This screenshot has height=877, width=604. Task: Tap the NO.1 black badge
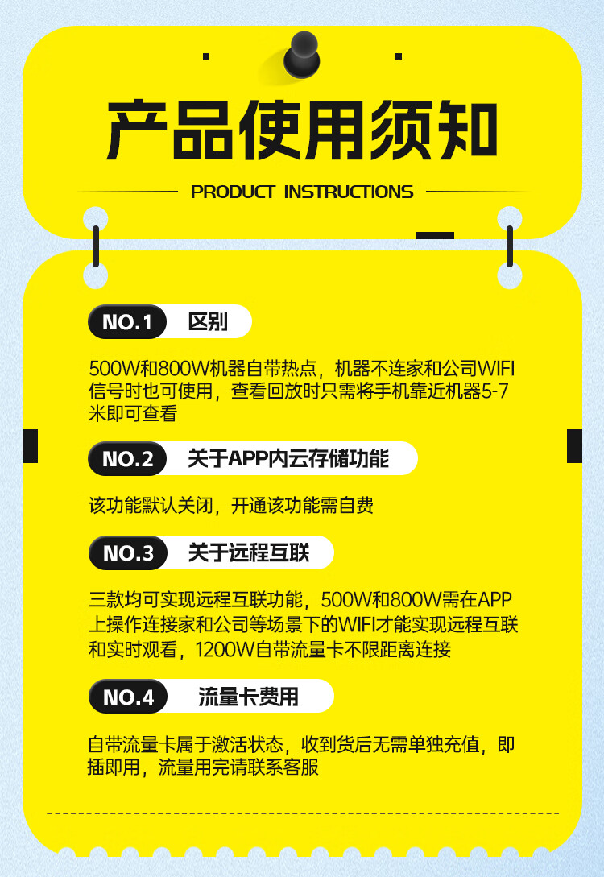[126, 322]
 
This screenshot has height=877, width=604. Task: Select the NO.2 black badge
[127, 459]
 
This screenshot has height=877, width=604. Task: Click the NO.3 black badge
[127, 553]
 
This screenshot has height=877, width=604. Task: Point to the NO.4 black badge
[127, 697]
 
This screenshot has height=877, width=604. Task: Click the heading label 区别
[208, 322]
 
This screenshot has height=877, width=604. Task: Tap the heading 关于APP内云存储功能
[288, 459]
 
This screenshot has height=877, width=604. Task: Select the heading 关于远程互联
[248, 553]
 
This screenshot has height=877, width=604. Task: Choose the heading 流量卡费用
[248, 697]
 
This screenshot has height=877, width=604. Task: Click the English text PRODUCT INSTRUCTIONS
[302, 192]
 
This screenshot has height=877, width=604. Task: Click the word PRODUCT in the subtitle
[233, 192]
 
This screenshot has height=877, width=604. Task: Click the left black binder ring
[96, 246]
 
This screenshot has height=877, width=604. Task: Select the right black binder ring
[509, 246]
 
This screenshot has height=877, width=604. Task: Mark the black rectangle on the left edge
[31, 446]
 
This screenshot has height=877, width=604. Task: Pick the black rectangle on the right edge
[574, 446]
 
